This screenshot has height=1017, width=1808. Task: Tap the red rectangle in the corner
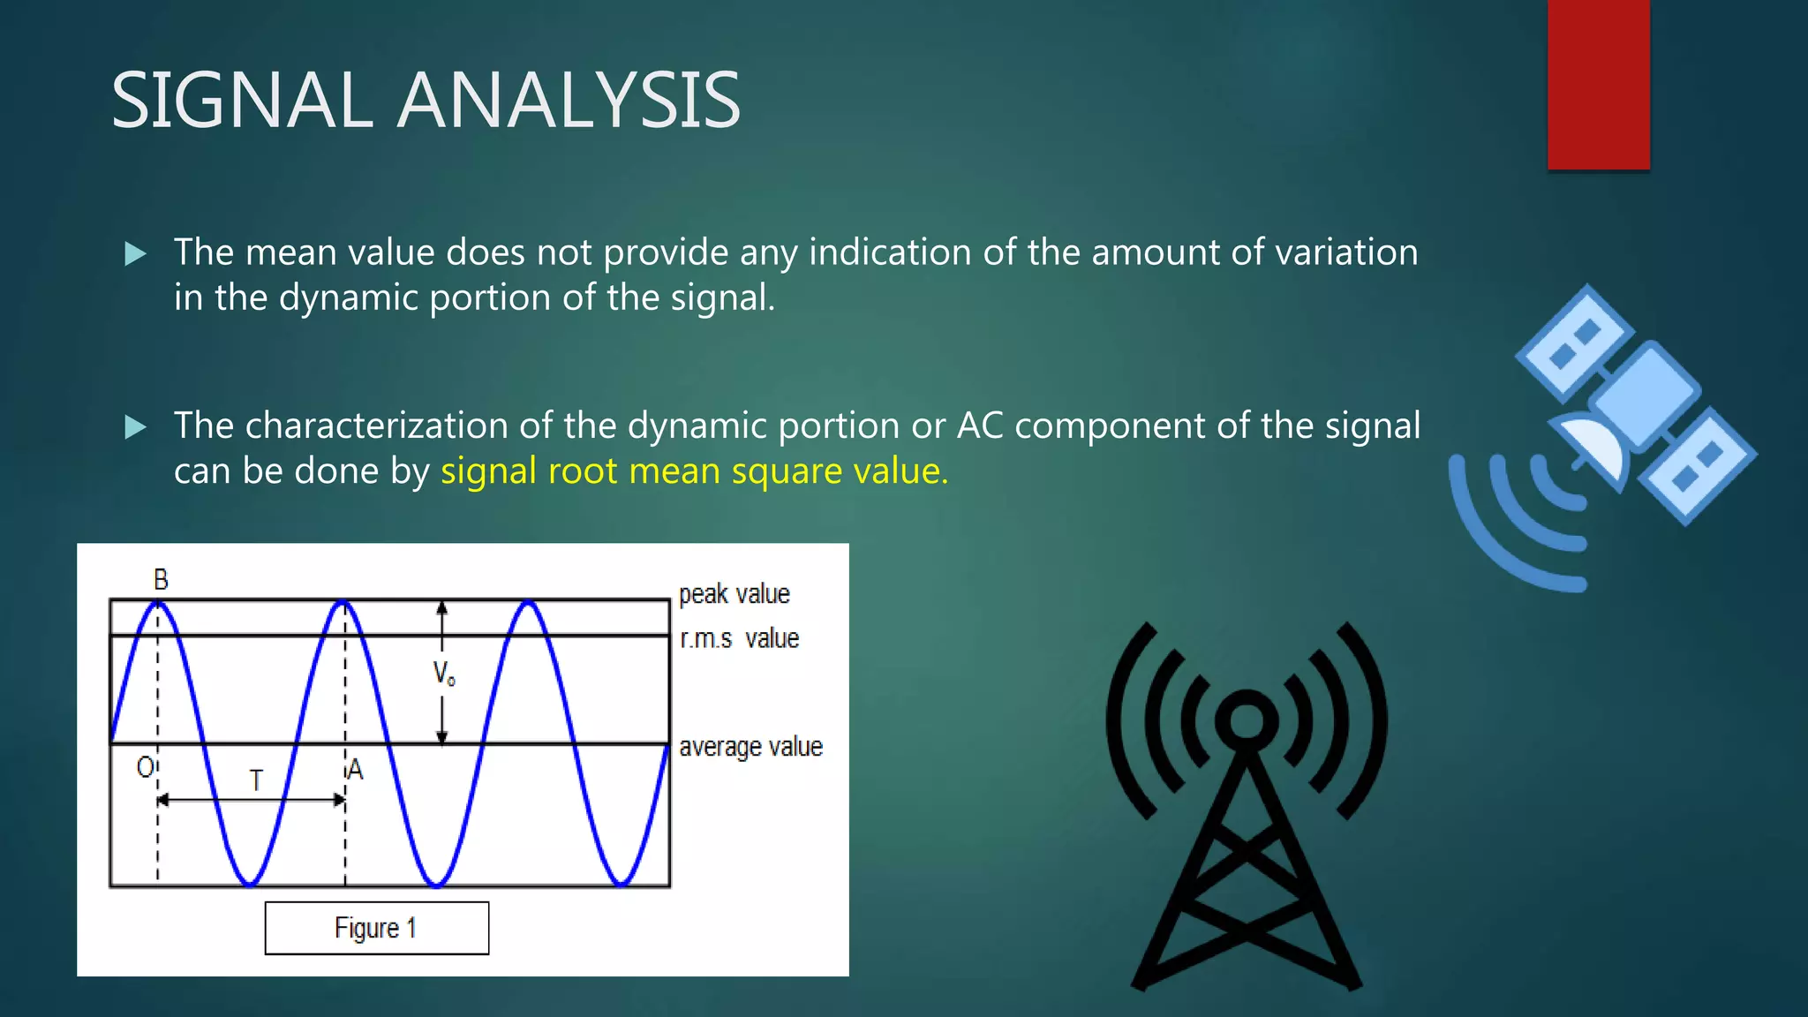click(1598, 85)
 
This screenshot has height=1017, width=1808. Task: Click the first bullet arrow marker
click(135, 254)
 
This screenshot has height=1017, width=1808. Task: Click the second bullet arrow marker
click(135, 427)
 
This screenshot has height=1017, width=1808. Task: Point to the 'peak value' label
click(734, 594)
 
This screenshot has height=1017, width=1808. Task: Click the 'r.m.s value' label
click(739, 638)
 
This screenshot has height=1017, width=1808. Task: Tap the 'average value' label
click(750, 747)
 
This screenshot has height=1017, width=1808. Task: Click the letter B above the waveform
click(161, 580)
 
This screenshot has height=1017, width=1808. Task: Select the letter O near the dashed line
click(146, 767)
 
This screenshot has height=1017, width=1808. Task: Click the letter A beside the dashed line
click(355, 770)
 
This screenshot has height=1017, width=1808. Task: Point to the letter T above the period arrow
click(256, 780)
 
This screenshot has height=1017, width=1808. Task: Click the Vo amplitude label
click(443, 674)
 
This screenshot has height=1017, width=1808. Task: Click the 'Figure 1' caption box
click(376, 928)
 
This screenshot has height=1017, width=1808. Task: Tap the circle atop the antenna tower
click(1246, 719)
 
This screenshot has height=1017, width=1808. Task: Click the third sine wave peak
click(528, 604)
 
